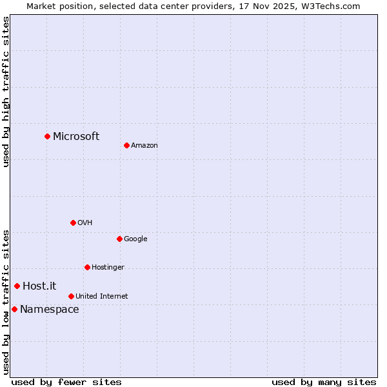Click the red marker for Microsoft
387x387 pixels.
pos(47,136)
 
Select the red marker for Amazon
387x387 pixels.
pos(126,145)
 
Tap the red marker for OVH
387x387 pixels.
pos(73,223)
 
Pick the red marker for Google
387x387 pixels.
pos(119,239)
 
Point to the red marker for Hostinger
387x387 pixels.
pos(87,267)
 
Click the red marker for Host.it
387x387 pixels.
pos(17,286)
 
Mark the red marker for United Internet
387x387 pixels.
pos(71,296)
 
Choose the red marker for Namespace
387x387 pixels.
pos(14,309)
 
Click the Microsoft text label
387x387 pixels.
pos(76,136)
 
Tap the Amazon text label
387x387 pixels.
pos(144,145)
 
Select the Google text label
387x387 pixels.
pos(135,239)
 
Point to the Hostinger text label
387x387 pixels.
pos(108,267)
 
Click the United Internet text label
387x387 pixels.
pos(101,296)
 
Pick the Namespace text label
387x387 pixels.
pos(49,309)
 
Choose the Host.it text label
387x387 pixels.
pos(39,286)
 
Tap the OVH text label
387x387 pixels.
pos(84,223)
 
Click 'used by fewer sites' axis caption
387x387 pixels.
pos(66,382)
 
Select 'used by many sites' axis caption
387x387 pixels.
pos(324,382)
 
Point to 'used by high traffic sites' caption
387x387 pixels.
pos(6,92)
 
